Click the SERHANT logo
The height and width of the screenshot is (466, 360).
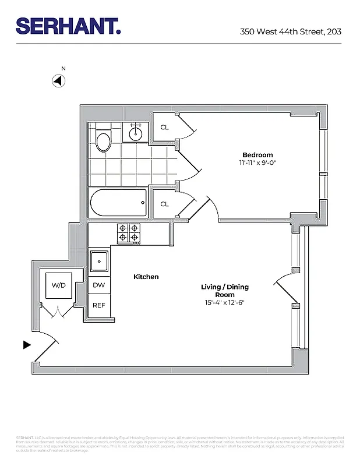click(x=68, y=26)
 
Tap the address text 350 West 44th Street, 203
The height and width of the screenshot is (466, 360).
click(x=290, y=31)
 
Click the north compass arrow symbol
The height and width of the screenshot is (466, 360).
click(x=58, y=81)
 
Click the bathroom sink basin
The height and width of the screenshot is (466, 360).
click(x=136, y=133)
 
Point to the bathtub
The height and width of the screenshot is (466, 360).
click(x=118, y=203)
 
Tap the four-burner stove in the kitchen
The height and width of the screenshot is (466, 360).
click(x=129, y=233)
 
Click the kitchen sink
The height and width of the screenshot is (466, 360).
click(x=99, y=260)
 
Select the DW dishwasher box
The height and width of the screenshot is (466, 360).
click(x=98, y=285)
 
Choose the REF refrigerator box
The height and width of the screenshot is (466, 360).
click(x=98, y=305)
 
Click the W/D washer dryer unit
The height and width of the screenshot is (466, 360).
click(x=59, y=285)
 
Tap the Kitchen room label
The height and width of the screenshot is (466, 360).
click(x=146, y=277)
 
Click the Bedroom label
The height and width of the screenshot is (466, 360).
click(x=257, y=154)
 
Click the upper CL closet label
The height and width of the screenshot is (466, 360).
click(x=164, y=127)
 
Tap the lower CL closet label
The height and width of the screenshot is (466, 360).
click(x=164, y=204)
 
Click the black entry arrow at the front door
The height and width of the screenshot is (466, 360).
click(x=26, y=345)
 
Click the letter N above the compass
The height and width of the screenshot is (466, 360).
click(x=63, y=69)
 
